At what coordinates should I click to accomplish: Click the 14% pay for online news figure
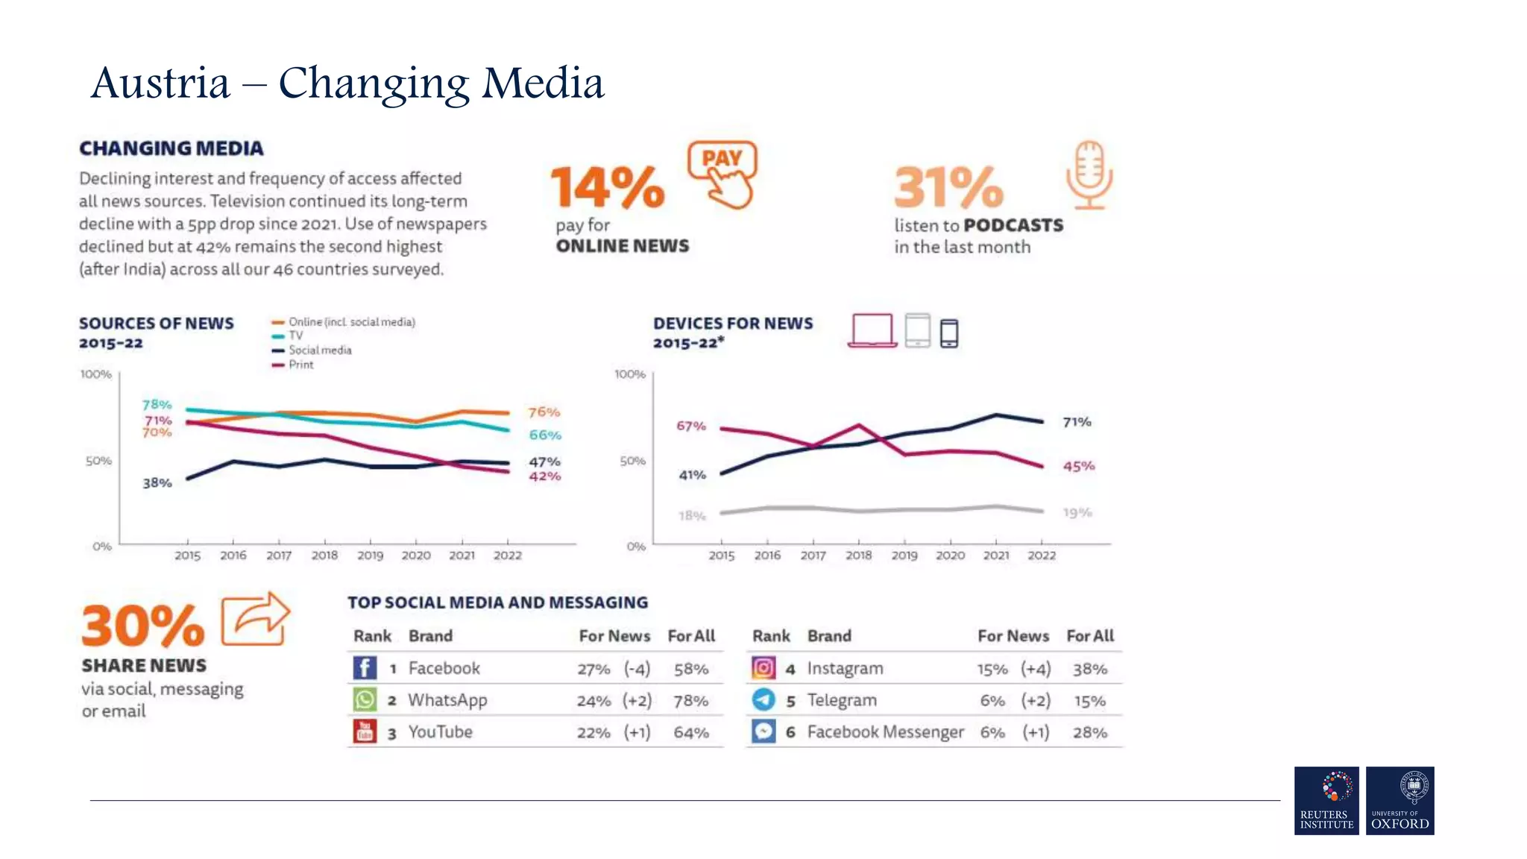(x=607, y=187)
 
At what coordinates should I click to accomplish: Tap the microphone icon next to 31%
(x=1089, y=175)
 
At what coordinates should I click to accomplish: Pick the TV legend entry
(x=295, y=336)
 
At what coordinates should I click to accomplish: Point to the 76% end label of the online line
(x=544, y=412)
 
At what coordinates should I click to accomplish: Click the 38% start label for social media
(x=157, y=483)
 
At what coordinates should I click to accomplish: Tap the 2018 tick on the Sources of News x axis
(x=324, y=556)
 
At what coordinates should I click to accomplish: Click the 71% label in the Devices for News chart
(x=1077, y=422)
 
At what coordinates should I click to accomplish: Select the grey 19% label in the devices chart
(x=1077, y=513)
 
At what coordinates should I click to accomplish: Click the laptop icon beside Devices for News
(x=872, y=330)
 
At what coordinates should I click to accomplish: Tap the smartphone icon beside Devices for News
(x=948, y=333)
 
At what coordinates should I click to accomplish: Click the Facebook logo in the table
(x=365, y=668)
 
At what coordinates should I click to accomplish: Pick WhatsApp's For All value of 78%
(x=690, y=701)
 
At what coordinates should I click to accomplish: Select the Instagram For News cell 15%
(x=992, y=670)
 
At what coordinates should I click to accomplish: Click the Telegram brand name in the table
(x=842, y=700)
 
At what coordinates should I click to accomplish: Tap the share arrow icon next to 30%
(x=255, y=619)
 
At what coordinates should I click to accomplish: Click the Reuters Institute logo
(x=1326, y=801)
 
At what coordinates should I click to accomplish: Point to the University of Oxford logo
(x=1400, y=801)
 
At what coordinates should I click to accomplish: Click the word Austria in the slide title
(x=160, y=83)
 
